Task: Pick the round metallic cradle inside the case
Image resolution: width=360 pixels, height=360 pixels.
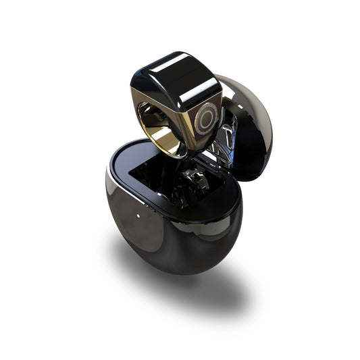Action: click(x=192, y=180)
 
